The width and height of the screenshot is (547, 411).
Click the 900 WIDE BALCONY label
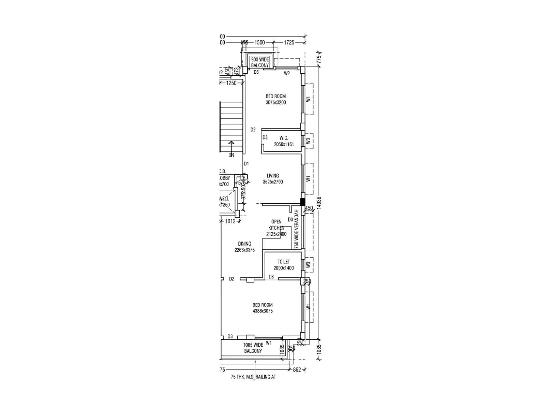click(260, 62)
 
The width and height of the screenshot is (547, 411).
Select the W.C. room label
click(284, 138)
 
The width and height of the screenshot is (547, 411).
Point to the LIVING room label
click(273, 176)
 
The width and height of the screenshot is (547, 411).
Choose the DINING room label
click(244, 244)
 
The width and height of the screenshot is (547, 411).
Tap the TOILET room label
click(284, 262)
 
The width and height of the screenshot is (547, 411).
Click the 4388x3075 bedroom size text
click(263, 311)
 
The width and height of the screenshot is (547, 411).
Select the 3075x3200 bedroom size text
click(276, 102)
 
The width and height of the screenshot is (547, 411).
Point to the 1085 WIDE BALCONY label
click(253, 348)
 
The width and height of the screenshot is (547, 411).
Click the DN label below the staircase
click(231, 155)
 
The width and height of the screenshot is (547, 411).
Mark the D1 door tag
click(246, 164)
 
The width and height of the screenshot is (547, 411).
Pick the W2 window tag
click(287, 73)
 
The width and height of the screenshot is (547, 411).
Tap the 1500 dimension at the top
click(260, 42)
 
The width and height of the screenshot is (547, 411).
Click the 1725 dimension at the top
click(289, 42)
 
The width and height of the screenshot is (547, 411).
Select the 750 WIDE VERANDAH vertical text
click(296, 229)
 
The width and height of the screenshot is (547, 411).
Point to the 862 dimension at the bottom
click(297, 370)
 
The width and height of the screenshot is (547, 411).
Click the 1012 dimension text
click(230, 221)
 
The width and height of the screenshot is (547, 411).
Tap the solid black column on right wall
click(303, 202)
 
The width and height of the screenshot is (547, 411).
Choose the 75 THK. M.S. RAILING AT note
click(253, 377)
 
